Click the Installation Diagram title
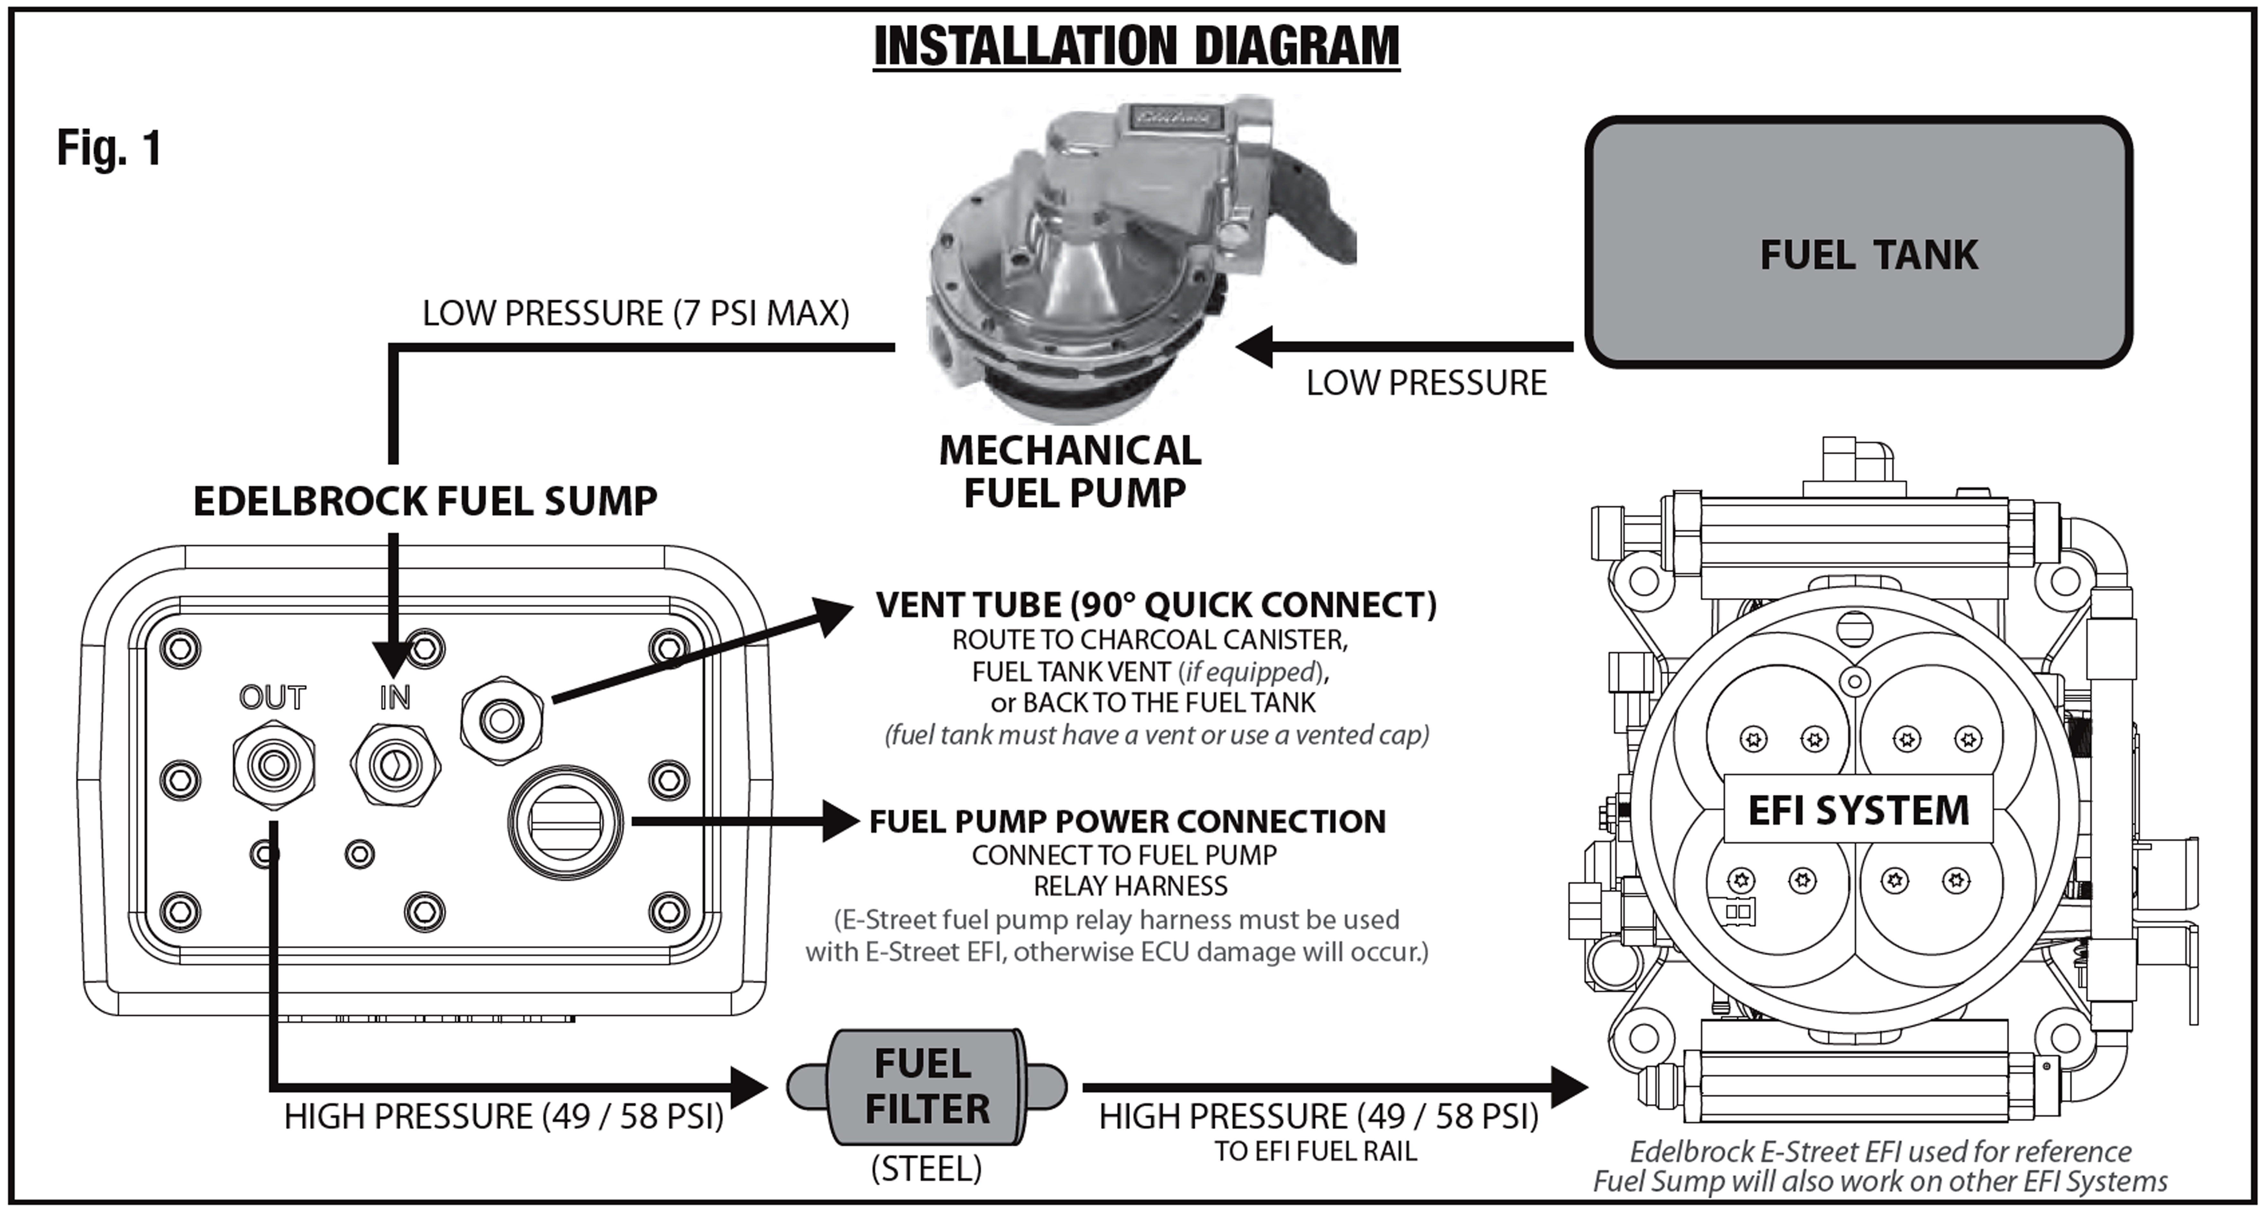coord(1136,46)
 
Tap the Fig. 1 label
coord(109,147)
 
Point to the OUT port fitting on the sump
coord(274,765)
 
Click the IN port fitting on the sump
coord(395,765)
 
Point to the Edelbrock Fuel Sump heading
coord(425,501)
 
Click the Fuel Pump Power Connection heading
coord(1127,821)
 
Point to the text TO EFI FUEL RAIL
coord(1316,1152)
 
